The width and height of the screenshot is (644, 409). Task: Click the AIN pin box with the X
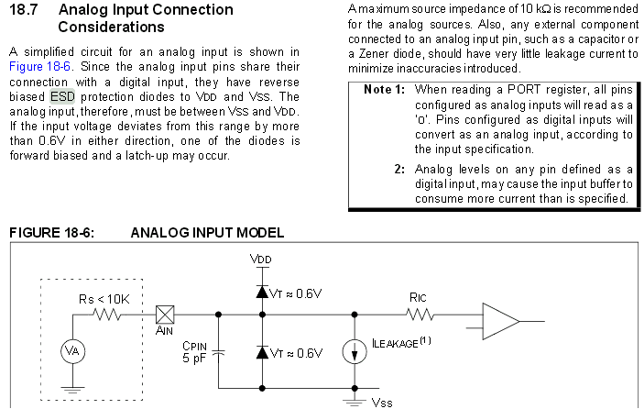coord(165,313)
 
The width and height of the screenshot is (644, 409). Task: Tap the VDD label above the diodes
coord(261,260)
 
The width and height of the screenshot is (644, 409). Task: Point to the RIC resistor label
coord(418,297)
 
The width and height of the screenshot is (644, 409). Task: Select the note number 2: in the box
coord(399,170)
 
